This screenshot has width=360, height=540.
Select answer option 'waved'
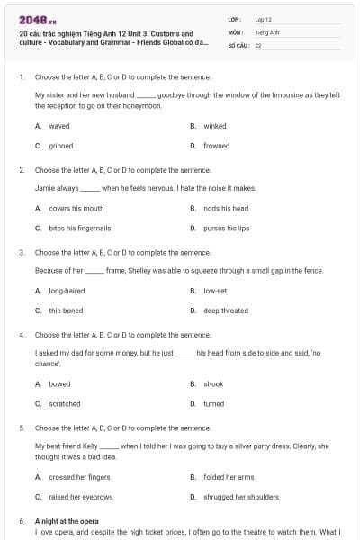pos(59,126)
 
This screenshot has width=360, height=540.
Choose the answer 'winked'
pos(214,126)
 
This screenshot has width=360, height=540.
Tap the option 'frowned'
pos(216,146)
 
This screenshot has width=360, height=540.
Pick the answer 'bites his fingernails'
pos(80,229)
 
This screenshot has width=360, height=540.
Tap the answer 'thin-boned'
pos(66,310)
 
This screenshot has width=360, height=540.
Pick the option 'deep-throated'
pos(225,310)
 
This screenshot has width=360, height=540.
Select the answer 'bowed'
pos(59,384)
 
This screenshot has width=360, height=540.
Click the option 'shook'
pos(213,384)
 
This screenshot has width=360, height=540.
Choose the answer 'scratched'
pos(65,404)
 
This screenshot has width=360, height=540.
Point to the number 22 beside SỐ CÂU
pos(258,44)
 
